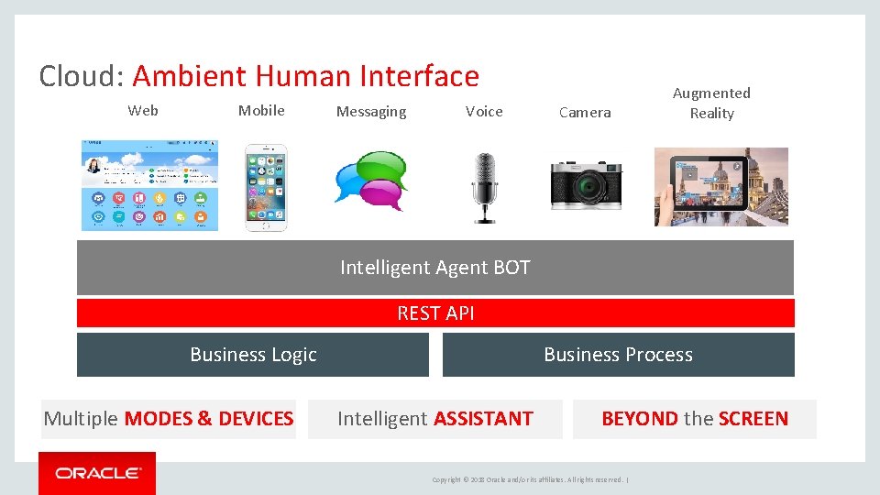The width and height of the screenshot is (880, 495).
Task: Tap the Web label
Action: [143, 111]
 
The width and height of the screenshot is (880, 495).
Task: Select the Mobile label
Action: [261, 111]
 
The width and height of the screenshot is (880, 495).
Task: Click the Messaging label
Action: [370, 112]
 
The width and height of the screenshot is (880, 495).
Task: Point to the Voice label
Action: [484, 112]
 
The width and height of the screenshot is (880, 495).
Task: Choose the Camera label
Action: [585, 113]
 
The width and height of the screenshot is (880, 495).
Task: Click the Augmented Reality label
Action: [711, 103]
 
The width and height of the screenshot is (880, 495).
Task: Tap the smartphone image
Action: [265, 187]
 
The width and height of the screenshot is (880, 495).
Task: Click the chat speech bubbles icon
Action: [371, 181]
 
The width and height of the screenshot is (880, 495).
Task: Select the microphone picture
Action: [484, 187]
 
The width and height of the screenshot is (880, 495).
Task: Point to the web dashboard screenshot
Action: [149, 185]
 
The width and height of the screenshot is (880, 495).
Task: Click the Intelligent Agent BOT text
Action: [434, 268]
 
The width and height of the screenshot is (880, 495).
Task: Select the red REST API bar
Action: [435, 313]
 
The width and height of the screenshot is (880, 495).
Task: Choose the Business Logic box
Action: [253, 355]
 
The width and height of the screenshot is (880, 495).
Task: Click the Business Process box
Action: [618, 355]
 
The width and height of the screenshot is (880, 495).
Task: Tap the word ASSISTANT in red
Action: [483, 419]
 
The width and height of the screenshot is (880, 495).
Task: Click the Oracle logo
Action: [97, 473]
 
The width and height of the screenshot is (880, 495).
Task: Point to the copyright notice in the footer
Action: [529, 479]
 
